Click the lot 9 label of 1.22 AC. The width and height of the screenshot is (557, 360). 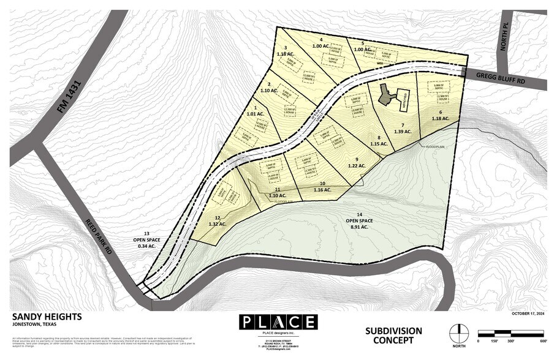coord(357,162)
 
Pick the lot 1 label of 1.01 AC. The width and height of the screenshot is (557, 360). coord(255,111)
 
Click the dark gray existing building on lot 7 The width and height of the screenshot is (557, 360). coord(385,95)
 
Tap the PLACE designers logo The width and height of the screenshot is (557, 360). coord(278,322)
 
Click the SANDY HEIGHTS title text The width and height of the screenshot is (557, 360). coord(47,317)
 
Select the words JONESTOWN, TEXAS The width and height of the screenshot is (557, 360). coord(36,325)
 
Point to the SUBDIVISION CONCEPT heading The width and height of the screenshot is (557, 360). coord(393,335)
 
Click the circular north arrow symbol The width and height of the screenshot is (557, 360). coord(458,334)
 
